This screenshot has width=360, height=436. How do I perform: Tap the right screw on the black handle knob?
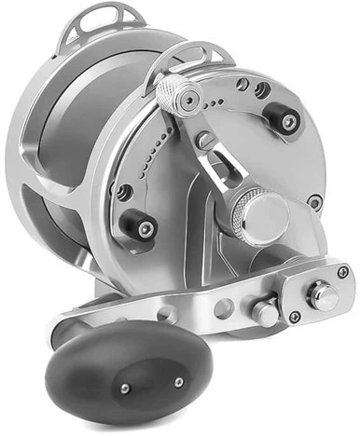point(178,381)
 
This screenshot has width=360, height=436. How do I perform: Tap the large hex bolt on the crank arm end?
point(323,294)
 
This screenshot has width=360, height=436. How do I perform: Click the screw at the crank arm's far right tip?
point(343,271)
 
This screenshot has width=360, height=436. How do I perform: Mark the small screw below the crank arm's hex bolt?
point(294,317)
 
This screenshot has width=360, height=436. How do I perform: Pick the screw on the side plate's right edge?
point(315,201)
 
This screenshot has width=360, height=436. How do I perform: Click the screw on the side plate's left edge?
point(123,192)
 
